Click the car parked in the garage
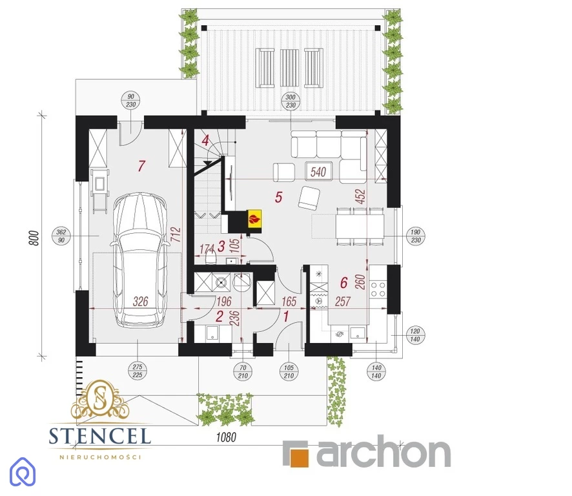(139, 260)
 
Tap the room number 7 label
(141, 166)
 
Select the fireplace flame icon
(254, 220)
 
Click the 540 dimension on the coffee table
(318, 172)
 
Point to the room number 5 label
(279, 197)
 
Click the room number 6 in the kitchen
(344, 282)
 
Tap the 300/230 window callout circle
(291, 101)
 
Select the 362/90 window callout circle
(61, 236)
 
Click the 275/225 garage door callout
(137, 371)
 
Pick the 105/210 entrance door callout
(289, 371)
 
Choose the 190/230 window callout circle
(416, 236)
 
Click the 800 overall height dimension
(34, 238)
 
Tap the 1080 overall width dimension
(226, 437)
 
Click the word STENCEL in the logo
(100, 436)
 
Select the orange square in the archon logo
(299, 456)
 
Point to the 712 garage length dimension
(176, 235)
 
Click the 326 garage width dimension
(141, 302)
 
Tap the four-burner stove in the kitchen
(378, 289)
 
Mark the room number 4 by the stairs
(206, 140)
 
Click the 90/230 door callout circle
(130, 100)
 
